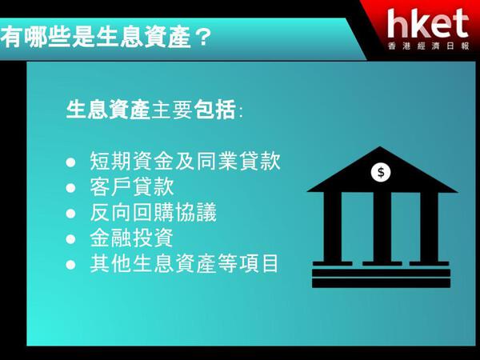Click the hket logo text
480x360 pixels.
[428, 24]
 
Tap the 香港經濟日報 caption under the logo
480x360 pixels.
[429, 46]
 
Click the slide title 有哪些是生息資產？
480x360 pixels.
[106, 38]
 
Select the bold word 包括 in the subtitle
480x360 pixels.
[215, 110]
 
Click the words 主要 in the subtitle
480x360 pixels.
[172, 110]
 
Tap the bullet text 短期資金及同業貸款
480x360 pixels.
[186, 161]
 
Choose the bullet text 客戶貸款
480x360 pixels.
[132, 186]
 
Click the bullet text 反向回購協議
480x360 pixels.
[154, 213]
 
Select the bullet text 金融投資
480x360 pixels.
[132, 238]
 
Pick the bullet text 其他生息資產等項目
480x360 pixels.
[185, 264]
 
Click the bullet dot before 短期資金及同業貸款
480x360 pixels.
[70, 162]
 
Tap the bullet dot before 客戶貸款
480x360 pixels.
[70, 188]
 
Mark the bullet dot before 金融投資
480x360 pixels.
[70, 239]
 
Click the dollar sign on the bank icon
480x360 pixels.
[381, 172]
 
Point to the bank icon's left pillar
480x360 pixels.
[333, 227]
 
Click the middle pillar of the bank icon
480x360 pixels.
[382, 227]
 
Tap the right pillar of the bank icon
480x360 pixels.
[429, 227]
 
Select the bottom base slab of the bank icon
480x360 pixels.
[381, 283]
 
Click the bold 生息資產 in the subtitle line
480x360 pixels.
[108, 110]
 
